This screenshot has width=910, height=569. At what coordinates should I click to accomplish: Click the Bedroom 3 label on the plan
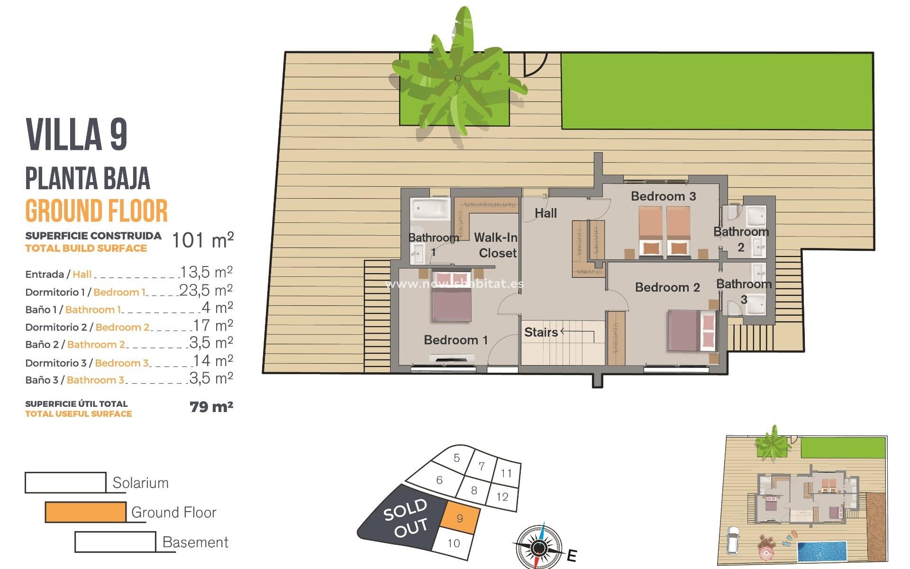tap(663, 196)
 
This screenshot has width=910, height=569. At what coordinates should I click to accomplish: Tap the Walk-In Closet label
tap(496, 245)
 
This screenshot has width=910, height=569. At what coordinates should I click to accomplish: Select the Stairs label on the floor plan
tap(541, 332)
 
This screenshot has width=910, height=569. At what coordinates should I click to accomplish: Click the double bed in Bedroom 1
tap(452, 299)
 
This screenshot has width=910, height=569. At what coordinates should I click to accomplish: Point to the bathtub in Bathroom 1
tap(430, 209)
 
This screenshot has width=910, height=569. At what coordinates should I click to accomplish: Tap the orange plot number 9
tap(460, 518)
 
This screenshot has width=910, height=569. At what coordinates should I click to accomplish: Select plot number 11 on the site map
tap(506, 473)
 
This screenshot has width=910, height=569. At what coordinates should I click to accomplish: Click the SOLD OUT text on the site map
tap(406, 518)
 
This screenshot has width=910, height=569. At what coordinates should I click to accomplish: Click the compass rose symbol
tap(538, 548)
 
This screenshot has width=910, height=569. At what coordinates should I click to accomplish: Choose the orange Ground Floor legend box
tap(86, 513)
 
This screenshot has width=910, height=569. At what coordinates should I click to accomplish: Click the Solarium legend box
tap(65, 483)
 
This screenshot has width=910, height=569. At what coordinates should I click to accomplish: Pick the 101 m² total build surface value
tap(202, 241)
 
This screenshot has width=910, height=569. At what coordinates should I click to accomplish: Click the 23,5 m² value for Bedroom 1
tap(206, 290)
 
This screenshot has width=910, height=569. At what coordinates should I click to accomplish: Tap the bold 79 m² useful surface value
tap(211, 407)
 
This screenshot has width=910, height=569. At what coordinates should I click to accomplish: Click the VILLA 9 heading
tap(77, 135)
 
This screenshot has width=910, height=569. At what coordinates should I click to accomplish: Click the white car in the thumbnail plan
tap(733, 540)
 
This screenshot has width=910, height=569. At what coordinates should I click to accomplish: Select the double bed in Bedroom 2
tap(692, 330)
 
